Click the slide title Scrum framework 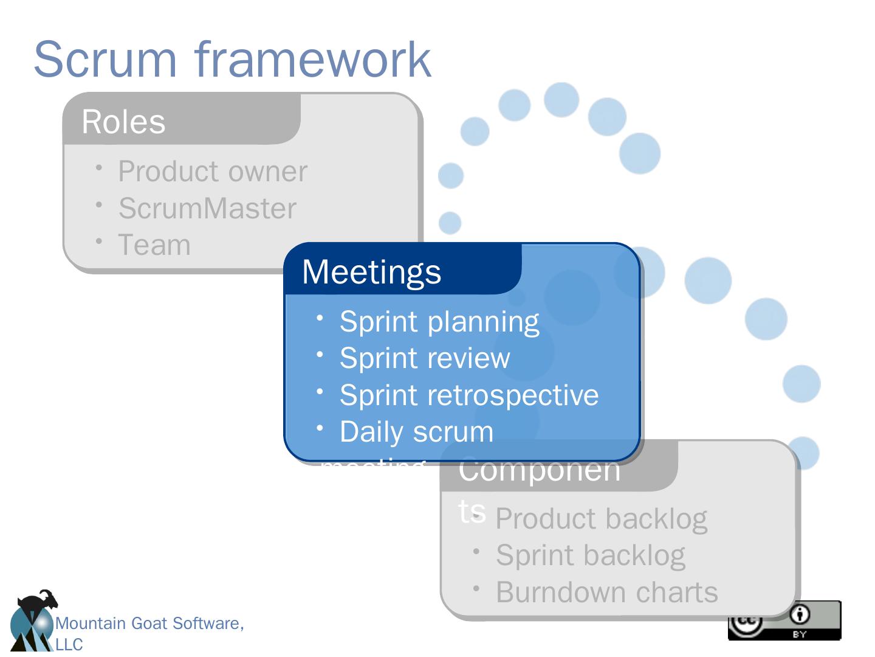click(x=232, y=59)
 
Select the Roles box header click(x=123, y=122)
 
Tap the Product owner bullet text click(x=213, y=171)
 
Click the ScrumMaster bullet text click(x=207, y=208)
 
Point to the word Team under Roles click(x=154, y=245)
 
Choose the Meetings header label click(x=371, y=271)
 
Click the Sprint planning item click(x=439, y=321)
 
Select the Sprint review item click(x=425, y=358)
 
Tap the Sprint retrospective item click(x=468, y=395)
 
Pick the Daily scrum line click(x=416, y=432)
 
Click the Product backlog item click(x=601, y=518)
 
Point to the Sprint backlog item click(x=590, y=555)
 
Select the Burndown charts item click(x=606, y=592)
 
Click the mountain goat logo click(x=33, y=620)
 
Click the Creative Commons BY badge click(x=784, y=620)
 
